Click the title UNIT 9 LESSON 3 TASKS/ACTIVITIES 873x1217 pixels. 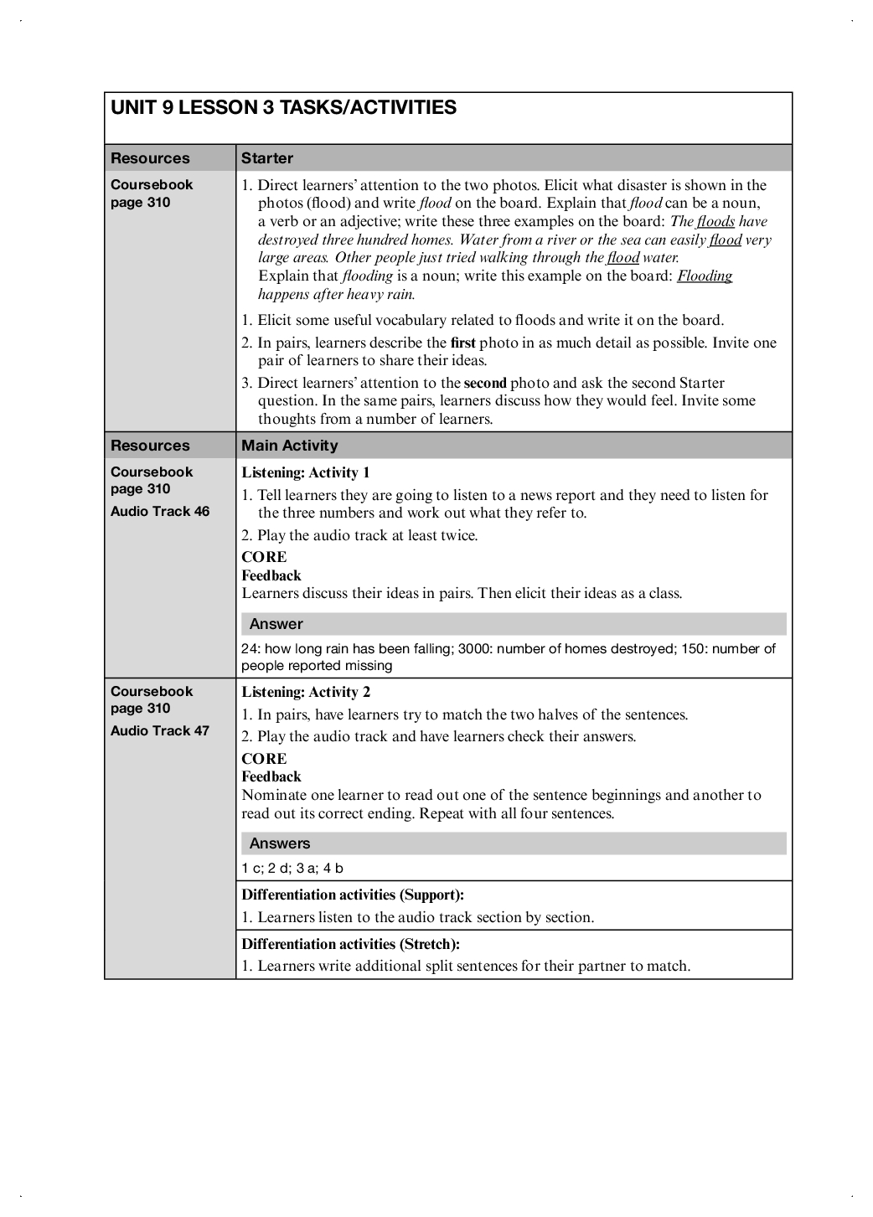[x=283, y=108]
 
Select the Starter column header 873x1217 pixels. [x=267, y=158]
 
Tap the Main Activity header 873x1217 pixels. [x=290, y=446]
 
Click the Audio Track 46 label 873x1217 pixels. [x=160, y=512]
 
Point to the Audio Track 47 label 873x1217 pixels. [x=160, y=731]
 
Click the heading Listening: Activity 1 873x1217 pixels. [x=306, y=473]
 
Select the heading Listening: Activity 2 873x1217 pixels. [x=306, y=693]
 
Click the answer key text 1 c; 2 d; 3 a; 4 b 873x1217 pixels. [x=292, y=869]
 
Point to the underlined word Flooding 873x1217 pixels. [x=705, y=276]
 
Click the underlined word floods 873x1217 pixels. [x=715, y=222]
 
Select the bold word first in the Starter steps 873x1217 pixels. [x=462, y=343]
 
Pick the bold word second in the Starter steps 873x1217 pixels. [x=485, y=384]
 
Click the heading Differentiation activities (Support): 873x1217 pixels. [x=353, y=895]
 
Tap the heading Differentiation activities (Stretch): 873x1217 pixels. [x=351, y=945]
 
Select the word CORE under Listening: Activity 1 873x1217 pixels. [x=264, y=558]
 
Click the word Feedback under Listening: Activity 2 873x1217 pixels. [x=271, y=777]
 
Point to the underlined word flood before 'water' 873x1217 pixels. [x=623, y=258]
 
